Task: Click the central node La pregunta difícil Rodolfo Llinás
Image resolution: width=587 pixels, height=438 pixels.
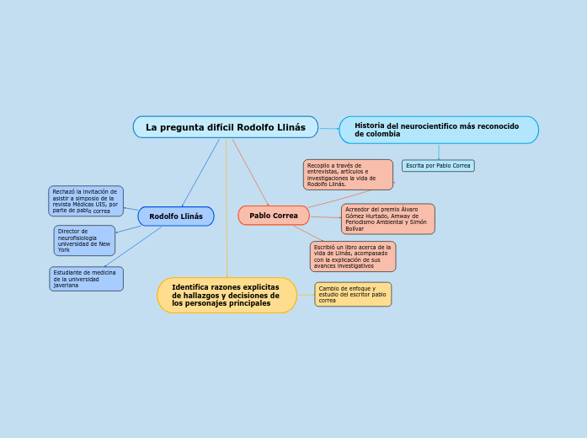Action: click(x=225, y=127)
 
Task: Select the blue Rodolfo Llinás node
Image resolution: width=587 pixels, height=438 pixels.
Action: click(x=176, y=216)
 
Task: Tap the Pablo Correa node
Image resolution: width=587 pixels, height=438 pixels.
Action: click(x=274, y=216)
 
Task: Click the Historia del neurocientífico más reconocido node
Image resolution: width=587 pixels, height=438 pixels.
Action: click(x=438, y=130)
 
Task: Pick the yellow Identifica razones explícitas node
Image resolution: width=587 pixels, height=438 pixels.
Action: click(x=227, y=296)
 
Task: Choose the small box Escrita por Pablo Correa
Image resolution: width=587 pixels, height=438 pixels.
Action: click(x=438, y=166)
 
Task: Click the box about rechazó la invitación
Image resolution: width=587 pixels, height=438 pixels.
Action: click(x=86, y=201)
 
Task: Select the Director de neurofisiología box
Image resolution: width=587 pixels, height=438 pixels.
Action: click(x=84, y=241)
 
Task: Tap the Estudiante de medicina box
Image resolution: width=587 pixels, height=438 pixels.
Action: click(x=86, y=279)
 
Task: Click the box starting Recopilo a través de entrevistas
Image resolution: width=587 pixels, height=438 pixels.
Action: click(x=348, y=175)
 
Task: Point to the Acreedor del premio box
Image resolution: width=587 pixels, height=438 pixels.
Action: click(x=387, y=219)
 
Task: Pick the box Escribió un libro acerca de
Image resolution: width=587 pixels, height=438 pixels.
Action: click(x=352, y=257)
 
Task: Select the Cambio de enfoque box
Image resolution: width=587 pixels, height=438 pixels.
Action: click(x=353, y=294)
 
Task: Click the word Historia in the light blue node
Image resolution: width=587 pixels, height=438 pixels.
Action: click(x=369, y=126)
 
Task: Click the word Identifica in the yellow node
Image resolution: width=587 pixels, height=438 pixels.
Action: click(x=191, y=287)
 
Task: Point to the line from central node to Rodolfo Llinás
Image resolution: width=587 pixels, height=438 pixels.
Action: click(x=200, y=173)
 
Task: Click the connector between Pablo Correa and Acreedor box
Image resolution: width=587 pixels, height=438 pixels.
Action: click(x=325, y=217)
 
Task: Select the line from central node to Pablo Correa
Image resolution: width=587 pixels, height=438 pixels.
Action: click(x=250, y=172)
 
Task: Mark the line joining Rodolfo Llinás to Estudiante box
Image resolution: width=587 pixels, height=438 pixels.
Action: click(x=133, y=247)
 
